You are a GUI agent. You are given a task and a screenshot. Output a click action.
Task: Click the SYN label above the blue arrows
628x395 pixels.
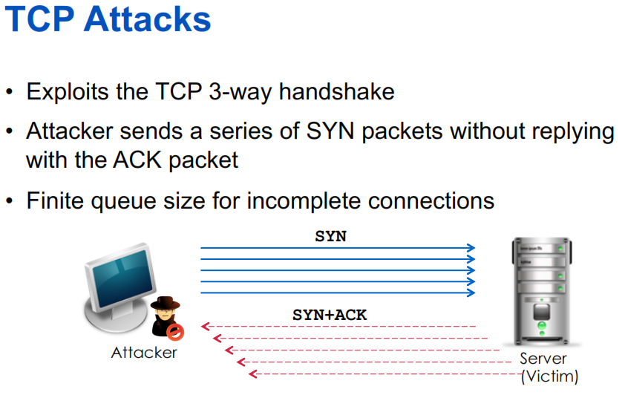tap(330, 237)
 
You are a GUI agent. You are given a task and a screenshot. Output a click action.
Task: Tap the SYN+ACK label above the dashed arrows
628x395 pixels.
tap(330, 315)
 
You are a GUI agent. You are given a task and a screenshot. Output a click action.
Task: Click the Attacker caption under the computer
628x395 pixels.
tap(144, 353)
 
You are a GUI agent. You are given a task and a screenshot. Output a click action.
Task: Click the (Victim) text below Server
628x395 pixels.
tap(549, 376)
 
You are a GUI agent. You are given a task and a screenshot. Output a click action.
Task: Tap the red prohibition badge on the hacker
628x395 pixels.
tap(174, 330)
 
